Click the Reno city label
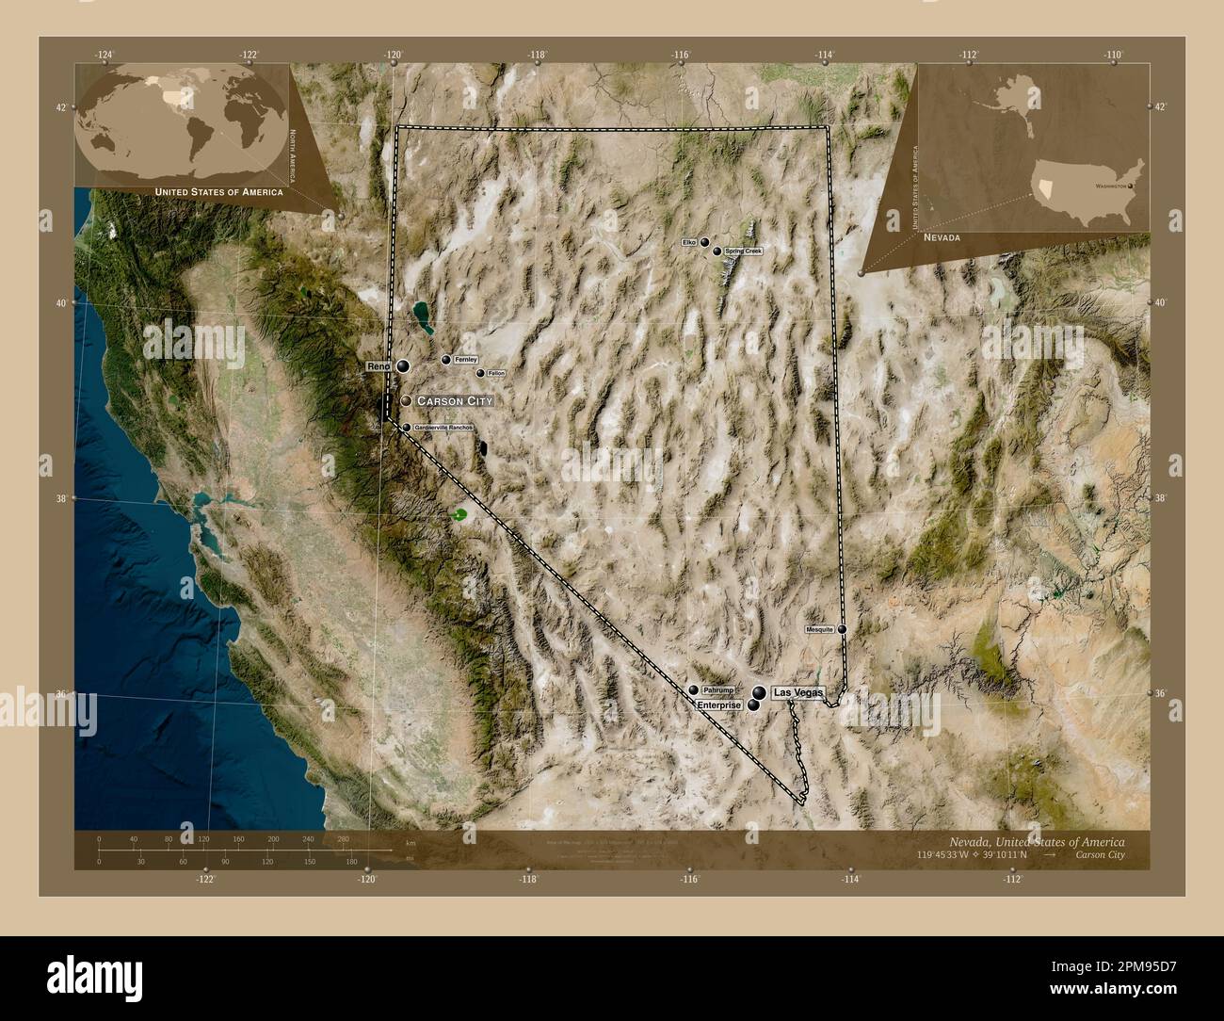pyautogui.click(x=378, y=365)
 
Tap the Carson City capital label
pyautogui.click(x=454, y=401)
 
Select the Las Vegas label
pyautogui.click(x=797, y=692)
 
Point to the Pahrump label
pyautogui.click(x=717, y=690)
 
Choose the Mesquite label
pyautogui.click(x=819, y=629)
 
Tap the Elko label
pyautogui.click(x=690, y=242)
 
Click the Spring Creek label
pyautogui.click(x=743, y=251)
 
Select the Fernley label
pyautogui.click(x=465, y=360)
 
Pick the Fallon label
pyautogui.click(x=496, y=373)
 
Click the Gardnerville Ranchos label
pyautogui.click(x=443, y=428)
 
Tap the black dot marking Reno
pyautogui.click(x=403, y=365)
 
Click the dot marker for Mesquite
pyautogui.click(x=843, y=629)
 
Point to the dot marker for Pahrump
pyautogui.click(x=694, y=690)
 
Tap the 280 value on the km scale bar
pyautogui.click(x=342, y=838)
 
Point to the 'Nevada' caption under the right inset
pyautogui.click(x=942, y=238)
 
